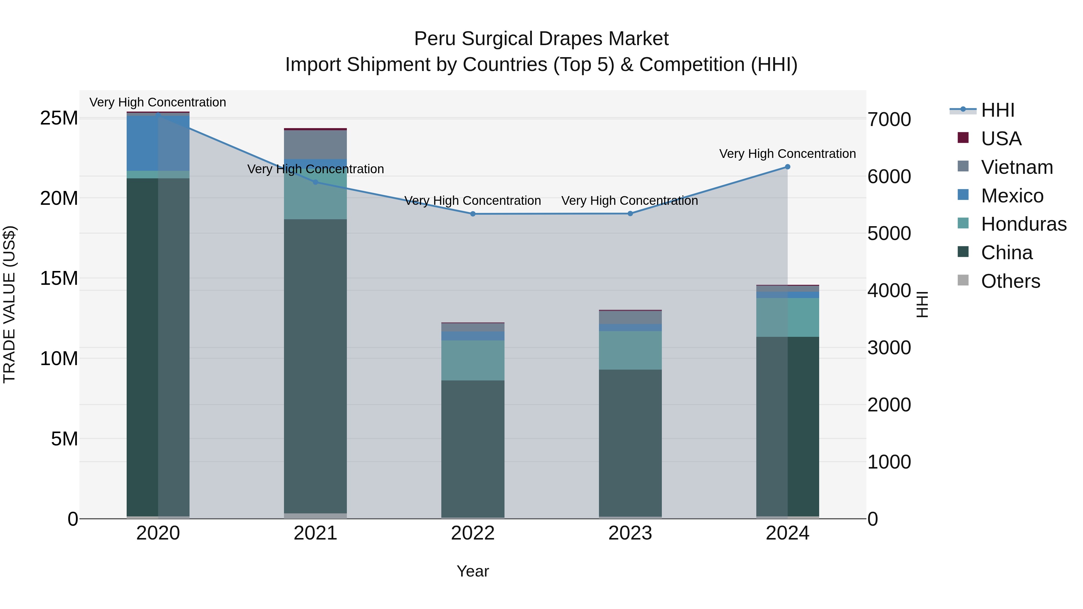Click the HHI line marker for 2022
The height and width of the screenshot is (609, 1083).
473,214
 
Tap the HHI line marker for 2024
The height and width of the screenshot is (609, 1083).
788,167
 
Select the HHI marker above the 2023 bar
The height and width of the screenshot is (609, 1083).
630,214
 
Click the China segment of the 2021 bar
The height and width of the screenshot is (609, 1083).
315,366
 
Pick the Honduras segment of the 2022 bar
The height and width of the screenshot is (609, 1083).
473,360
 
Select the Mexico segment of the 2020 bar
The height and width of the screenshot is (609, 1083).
158,143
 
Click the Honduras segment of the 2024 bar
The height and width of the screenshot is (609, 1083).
788,317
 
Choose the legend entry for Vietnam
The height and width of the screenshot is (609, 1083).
1017,167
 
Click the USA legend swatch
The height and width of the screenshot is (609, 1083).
963,138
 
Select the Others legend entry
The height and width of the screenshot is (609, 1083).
1010,281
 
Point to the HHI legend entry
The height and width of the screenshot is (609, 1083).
997,110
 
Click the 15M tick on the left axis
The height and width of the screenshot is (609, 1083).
59,278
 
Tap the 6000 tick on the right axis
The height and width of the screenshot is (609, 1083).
889,177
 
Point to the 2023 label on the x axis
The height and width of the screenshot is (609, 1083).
630,533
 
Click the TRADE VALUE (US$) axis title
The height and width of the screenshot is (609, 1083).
9,304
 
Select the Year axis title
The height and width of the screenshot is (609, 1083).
473,571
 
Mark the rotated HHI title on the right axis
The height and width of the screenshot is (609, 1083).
922,304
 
